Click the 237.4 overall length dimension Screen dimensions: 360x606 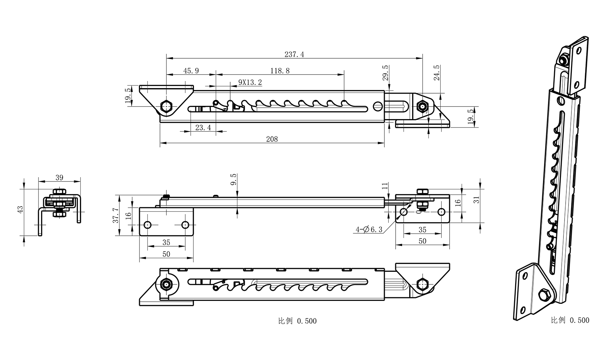pyautogui.click(x=294, y=54)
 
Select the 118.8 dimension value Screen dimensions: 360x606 pyautogui.click(x=280, y=71)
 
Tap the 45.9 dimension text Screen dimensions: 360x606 pyautogui.click(x=191, y=71)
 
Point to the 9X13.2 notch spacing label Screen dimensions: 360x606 pyautogui.click(x=250, y=82)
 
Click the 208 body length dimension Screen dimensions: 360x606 pyautogui.click(x=272, y=139)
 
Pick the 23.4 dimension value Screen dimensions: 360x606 pyautogui.click(x=203, y=127)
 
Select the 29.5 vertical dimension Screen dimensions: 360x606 pyautogui.click(x=385, y=73)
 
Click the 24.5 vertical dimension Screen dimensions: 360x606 pyautogui.click(x=437, y=73)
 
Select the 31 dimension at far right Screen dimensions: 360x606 pyautogui.click(x=477, y=200)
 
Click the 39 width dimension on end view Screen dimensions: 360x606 pyautogui.click(x=59, y=177)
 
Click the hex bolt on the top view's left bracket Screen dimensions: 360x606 pyautogui.click(x=166, y=107)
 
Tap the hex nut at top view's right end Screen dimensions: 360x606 pyautogui.click(x=422, y=106)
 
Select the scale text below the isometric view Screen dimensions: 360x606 pyautogui.click(x=570, y=320)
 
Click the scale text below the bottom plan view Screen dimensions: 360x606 pyautogui.click(x=297, y=321)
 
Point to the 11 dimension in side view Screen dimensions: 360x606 pyautogui.click(x=385, y=186)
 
